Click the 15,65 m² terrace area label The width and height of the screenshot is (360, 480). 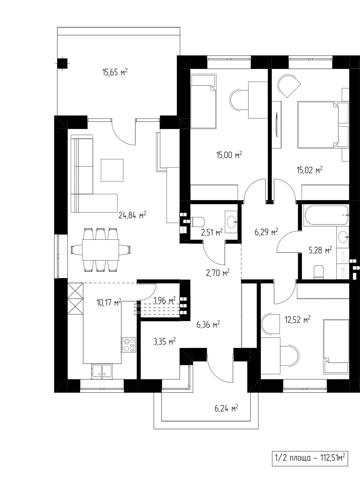(x=115, y=72)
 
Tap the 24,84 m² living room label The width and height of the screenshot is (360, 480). (x=132, y=215)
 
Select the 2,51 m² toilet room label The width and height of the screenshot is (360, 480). (x=212, y=232)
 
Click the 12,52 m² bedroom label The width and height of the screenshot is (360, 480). (x=298, y=320)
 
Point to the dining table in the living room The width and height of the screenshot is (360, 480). (x=100, y=250)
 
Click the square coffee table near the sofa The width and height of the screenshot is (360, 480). (x=112, y=170)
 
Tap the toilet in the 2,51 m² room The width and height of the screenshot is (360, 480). (x=197, y=222)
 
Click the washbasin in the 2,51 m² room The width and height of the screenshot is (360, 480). (x=231, y=222)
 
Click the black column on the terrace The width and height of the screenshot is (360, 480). (x=62, y=64)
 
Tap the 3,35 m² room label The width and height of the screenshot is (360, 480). (x=165, y=341)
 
